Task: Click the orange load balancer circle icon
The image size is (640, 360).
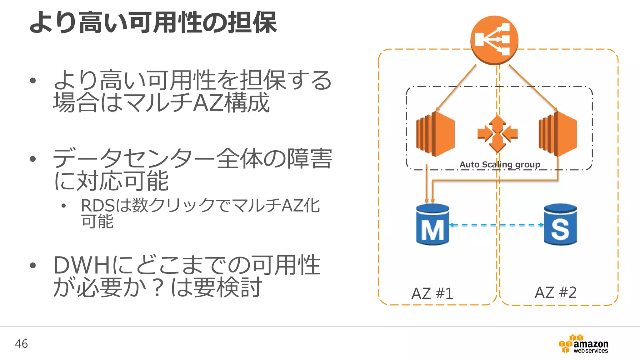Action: click(494, 40)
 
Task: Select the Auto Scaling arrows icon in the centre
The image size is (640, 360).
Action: click(497, 134)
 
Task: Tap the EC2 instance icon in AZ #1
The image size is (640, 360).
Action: click(435, 134)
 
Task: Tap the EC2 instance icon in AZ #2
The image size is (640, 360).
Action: click(558, 134)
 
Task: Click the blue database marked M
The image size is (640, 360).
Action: click(432, 224)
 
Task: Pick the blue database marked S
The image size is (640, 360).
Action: click(560, 224)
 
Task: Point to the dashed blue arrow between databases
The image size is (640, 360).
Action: click(496, 225)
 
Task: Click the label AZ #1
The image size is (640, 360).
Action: click(432, 293)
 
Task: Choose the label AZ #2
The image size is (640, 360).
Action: click(555, 292)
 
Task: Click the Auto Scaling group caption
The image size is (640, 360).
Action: click(500, 164)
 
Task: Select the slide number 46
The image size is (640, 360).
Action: click(21, 344)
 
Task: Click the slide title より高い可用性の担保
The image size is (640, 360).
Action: click(153, 22)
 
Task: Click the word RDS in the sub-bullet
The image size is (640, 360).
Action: click(97, 206)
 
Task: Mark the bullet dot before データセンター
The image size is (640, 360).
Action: click(33, 159)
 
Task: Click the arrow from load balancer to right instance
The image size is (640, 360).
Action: click(533, 88)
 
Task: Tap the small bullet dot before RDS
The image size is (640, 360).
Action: click(64, 206)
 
